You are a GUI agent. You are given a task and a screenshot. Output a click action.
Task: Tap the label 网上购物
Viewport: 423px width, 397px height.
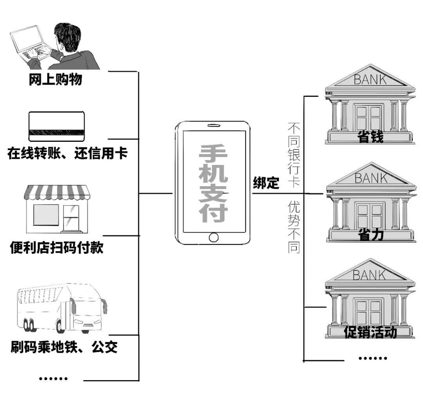pos(56,80)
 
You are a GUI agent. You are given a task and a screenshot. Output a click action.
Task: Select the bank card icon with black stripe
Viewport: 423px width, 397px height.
pos(56,126)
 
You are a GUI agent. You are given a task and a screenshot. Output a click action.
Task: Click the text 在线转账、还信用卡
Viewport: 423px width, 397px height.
pos(67,153)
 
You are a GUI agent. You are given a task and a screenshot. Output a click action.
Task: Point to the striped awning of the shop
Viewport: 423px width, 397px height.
pos(57,192)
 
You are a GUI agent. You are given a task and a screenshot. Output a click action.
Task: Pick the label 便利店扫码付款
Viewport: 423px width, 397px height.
pos(56,248)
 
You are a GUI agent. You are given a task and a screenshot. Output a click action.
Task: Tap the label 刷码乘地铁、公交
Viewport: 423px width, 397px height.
pos(64,347)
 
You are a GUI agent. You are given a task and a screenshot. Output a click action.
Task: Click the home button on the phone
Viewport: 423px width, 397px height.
pos(213,237)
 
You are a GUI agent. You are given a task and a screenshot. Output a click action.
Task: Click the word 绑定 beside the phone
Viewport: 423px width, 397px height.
pos(266,183)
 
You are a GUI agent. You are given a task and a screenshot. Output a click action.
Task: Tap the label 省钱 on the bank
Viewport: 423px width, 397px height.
pos(370,137)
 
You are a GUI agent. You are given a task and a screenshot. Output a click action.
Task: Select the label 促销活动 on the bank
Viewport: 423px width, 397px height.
pos(370,332)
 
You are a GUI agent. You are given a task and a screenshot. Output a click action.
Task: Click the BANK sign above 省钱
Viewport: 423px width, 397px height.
pos(370,80)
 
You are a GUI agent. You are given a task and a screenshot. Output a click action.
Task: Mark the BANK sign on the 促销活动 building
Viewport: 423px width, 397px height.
pos(369,275)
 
